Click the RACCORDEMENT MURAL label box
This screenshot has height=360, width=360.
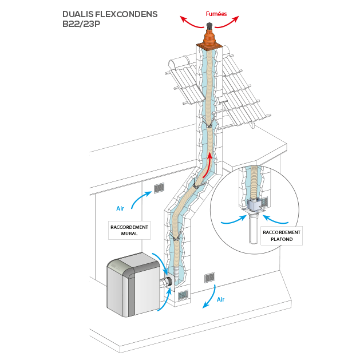pyautogui.click(x=129, y=230)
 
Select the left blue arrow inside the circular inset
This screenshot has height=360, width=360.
pyautogui.click(x=231, y=218)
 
